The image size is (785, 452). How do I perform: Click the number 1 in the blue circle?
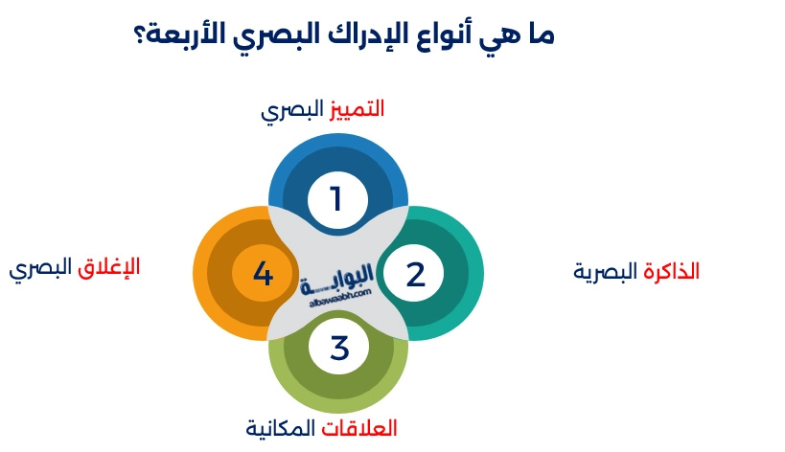[x=336, y=199]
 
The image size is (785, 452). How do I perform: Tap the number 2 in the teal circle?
[x=415, y=274]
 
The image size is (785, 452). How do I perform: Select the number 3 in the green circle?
[x=339, y=349]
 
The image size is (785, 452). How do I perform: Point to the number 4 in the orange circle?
[x=263, y=274]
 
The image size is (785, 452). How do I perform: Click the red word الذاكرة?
[x=671, y=272]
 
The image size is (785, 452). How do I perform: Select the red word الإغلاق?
[x=108, y=267]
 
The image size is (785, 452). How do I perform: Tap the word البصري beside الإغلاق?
[x=40, y=269]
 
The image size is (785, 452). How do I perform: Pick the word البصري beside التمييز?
[x=292, y=110]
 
